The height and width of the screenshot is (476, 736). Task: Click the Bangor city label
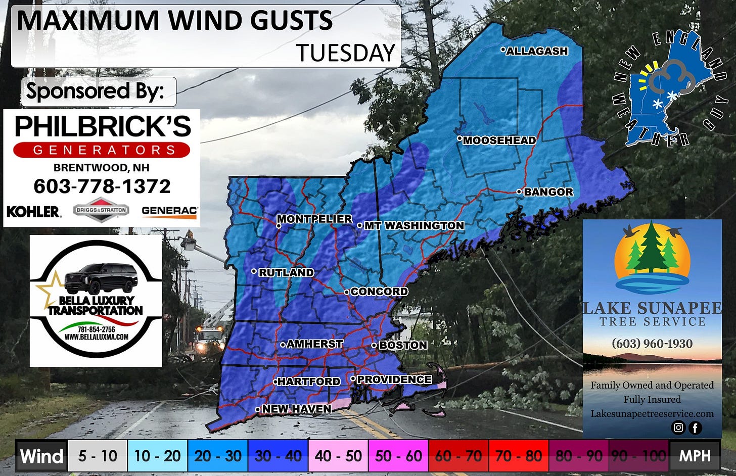[x=548, y=192]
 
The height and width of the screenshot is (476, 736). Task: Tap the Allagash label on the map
[x=537, y=51]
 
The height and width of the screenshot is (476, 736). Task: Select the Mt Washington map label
[x=413, y=225]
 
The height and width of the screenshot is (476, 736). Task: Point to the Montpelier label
[x=314, y=219]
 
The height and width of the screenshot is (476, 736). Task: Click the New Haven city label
[x=296, y=409]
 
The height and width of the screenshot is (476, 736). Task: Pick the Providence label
[x=394, y=379]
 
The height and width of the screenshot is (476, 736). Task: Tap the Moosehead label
[x=499, y=140]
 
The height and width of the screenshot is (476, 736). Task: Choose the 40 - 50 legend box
[x=338, y=456]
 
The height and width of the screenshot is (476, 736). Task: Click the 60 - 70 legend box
[x=458, y=456]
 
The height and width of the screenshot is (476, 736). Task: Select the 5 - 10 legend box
[x=98, y=456]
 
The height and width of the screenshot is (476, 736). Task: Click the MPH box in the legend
[x=694, y=456]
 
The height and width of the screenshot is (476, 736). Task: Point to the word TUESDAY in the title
[x=345, y=53]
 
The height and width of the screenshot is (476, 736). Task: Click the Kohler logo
[x=33, y=211]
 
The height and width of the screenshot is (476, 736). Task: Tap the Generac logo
[x=169, y=211]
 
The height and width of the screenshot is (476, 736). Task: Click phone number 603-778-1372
[x=102, y=186]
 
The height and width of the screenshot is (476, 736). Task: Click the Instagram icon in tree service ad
[x=678, y=427]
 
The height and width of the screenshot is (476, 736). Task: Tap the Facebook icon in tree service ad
[x=695, y=428]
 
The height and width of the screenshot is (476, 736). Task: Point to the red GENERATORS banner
[x=102, y=150]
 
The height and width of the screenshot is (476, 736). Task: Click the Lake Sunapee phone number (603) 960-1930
[x=652, y=344]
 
